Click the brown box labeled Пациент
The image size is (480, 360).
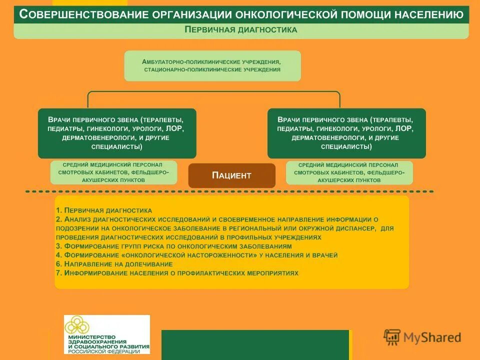(x=231, y=175)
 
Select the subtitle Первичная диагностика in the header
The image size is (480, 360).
(x=241, y=29)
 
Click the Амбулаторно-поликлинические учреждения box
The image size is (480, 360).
(x=212, y=65)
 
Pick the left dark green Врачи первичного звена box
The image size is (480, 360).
(x=117, y=133)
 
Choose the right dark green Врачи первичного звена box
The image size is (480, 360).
(x=346, y=133)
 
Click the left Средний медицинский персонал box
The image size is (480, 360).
(x=113, y=172)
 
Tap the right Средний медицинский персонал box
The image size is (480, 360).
(x=349, y=172)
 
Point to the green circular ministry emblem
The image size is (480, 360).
(x=82, y=325)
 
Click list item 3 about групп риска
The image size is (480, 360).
(x=173, y=246)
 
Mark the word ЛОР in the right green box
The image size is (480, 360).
(x=404, y=128)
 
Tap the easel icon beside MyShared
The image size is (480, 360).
(x=392, y=337)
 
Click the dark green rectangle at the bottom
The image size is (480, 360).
(x=254, y=344)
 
